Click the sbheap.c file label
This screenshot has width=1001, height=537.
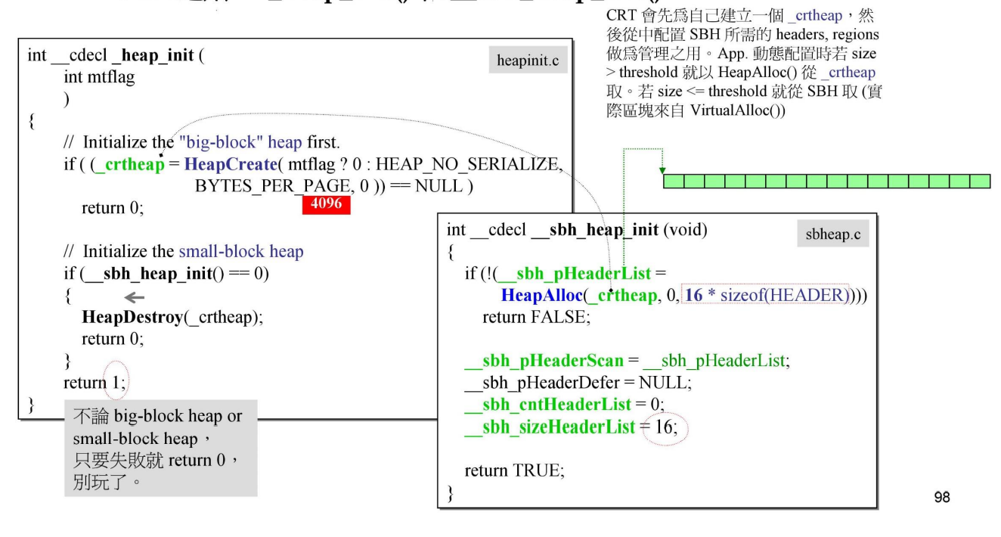click(832, 235)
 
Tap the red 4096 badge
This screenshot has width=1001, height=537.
click(326, 204)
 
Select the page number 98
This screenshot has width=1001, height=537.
click(941, 497)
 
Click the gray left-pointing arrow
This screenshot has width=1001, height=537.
click(135, 298)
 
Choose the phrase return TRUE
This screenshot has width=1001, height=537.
click(514, 470)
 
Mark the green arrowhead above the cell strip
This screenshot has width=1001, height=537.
click(663, 170)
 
